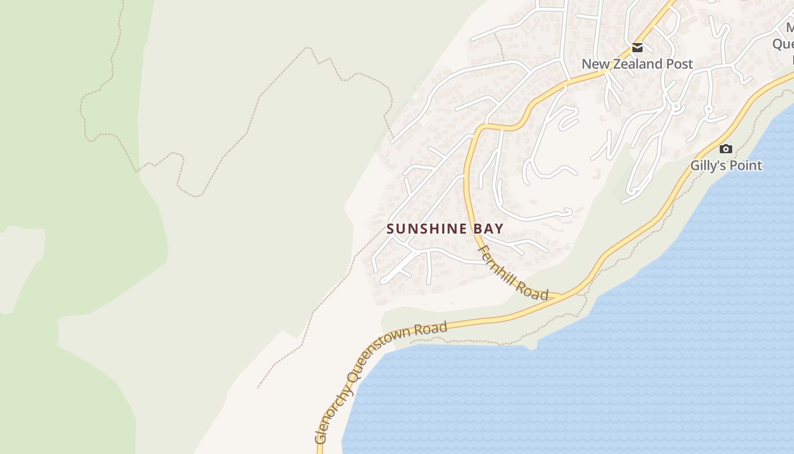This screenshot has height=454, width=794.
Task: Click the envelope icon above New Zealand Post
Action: click(x=637, y=48)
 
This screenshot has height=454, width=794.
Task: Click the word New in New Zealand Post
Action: click(x=594, y=64)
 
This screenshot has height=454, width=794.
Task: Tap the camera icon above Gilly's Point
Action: click(x=725, y=149)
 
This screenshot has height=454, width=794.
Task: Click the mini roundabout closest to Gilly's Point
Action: click(x=708, y=108)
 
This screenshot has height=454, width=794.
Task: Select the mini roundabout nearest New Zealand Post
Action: click(x=675, y=106)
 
